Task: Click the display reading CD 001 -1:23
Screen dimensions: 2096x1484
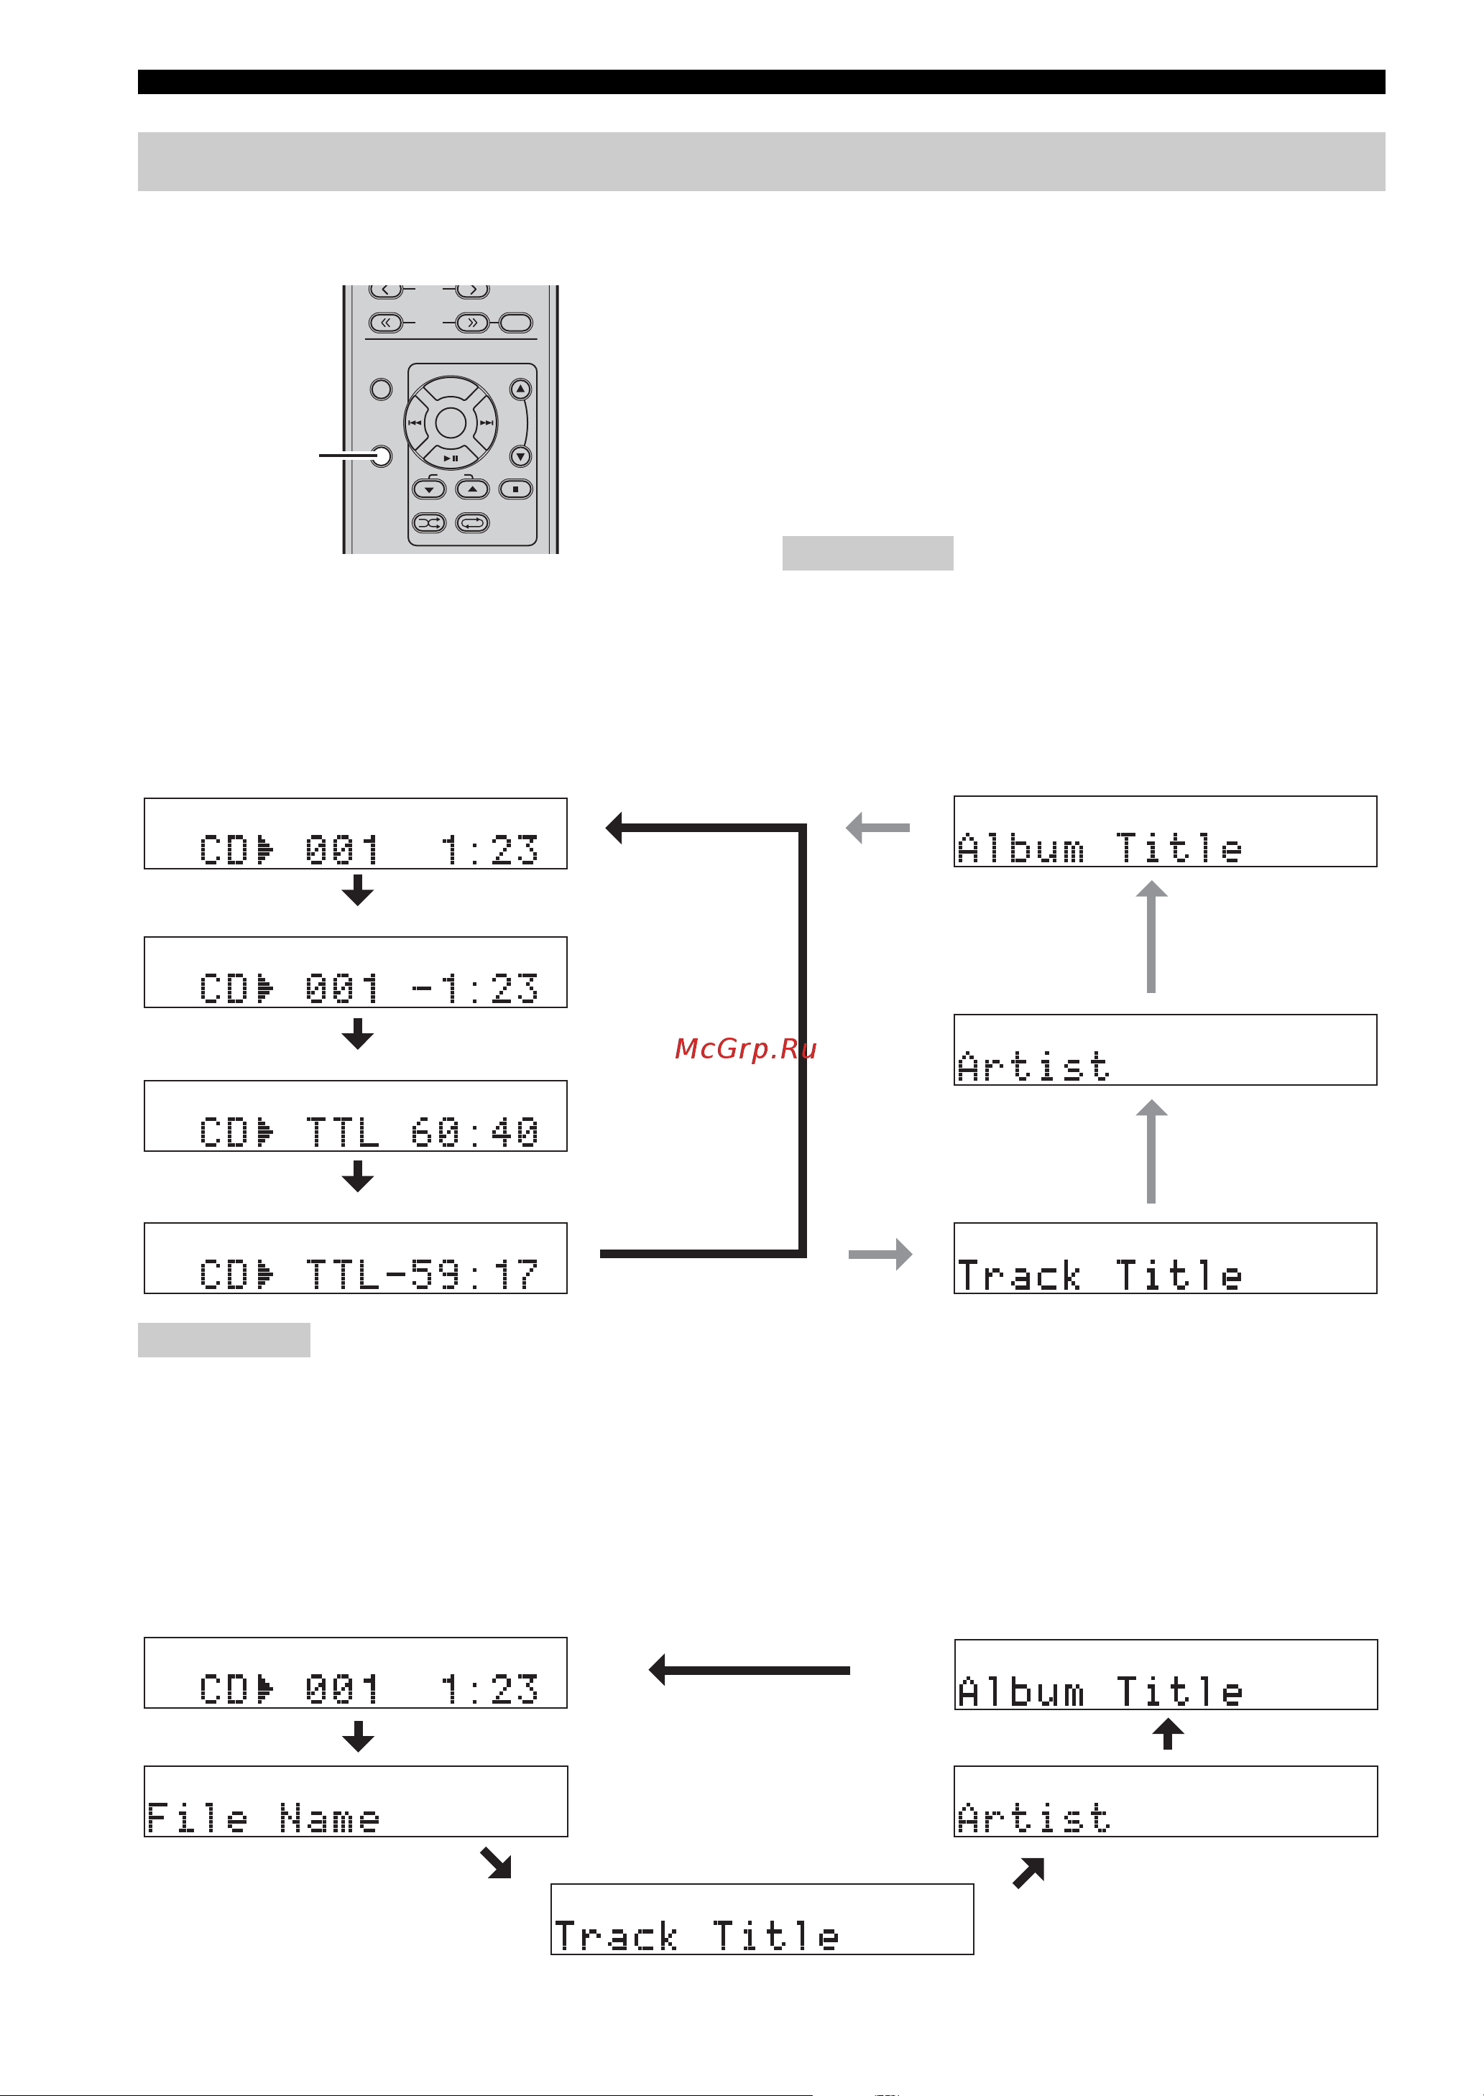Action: tap(356, 972)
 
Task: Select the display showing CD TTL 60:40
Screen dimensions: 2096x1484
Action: tap(356, 1116)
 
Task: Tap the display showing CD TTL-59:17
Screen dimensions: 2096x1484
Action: tap(356, 1258)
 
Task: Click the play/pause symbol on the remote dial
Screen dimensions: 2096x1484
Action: tap(451, 458)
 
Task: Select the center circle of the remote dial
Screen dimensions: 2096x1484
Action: tap(451, 423)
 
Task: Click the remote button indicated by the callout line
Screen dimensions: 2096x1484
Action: tap(381, 455)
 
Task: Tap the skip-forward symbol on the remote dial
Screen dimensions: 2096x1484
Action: tap(486, 423)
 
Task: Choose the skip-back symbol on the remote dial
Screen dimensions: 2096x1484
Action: tap(415, 423)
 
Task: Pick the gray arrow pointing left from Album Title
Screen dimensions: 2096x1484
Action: tap(877, 828)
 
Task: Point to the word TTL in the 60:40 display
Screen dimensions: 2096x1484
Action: tap(342, 1133)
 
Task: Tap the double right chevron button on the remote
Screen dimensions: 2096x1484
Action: tap(471, 323)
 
